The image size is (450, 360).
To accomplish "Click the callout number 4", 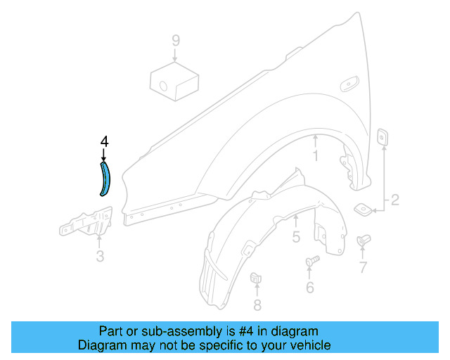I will coord(104,141).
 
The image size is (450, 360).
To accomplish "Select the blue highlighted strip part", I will coord(105,179).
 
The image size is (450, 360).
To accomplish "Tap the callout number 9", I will coord(175,39).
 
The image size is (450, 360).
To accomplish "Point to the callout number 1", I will coord(316,157).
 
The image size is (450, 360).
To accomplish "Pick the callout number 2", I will coord(394,201).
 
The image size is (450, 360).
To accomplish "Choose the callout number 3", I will coord(100,257).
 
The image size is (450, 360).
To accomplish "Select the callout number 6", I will coord(310,287).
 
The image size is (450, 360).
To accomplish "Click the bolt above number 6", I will coord(311,262).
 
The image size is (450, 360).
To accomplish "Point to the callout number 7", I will coord(363,267).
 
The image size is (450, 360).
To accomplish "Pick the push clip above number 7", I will coord(363,241).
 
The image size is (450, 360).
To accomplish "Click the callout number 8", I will coord(257,304).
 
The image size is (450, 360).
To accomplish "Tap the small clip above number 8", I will coord(256,278).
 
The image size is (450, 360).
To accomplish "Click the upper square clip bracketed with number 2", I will coord(383,137).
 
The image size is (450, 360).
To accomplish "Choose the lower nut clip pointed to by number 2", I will coord(363,209).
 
